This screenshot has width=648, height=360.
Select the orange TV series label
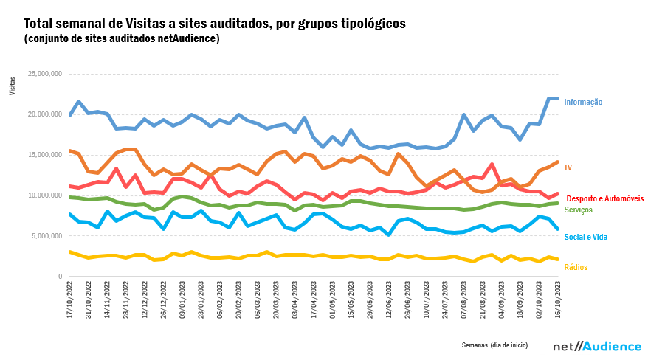tap(568, 168)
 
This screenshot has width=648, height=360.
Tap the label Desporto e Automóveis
tap(604, 198)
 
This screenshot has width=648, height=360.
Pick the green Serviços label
tap(579, 210)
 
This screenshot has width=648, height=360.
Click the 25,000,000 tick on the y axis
tap(44, 74)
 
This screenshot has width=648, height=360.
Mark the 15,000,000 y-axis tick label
tap(44, 155)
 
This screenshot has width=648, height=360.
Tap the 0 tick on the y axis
tap(60, 277)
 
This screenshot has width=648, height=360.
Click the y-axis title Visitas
tap(11, 86)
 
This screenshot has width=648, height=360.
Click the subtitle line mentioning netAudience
tap(122, 38)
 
